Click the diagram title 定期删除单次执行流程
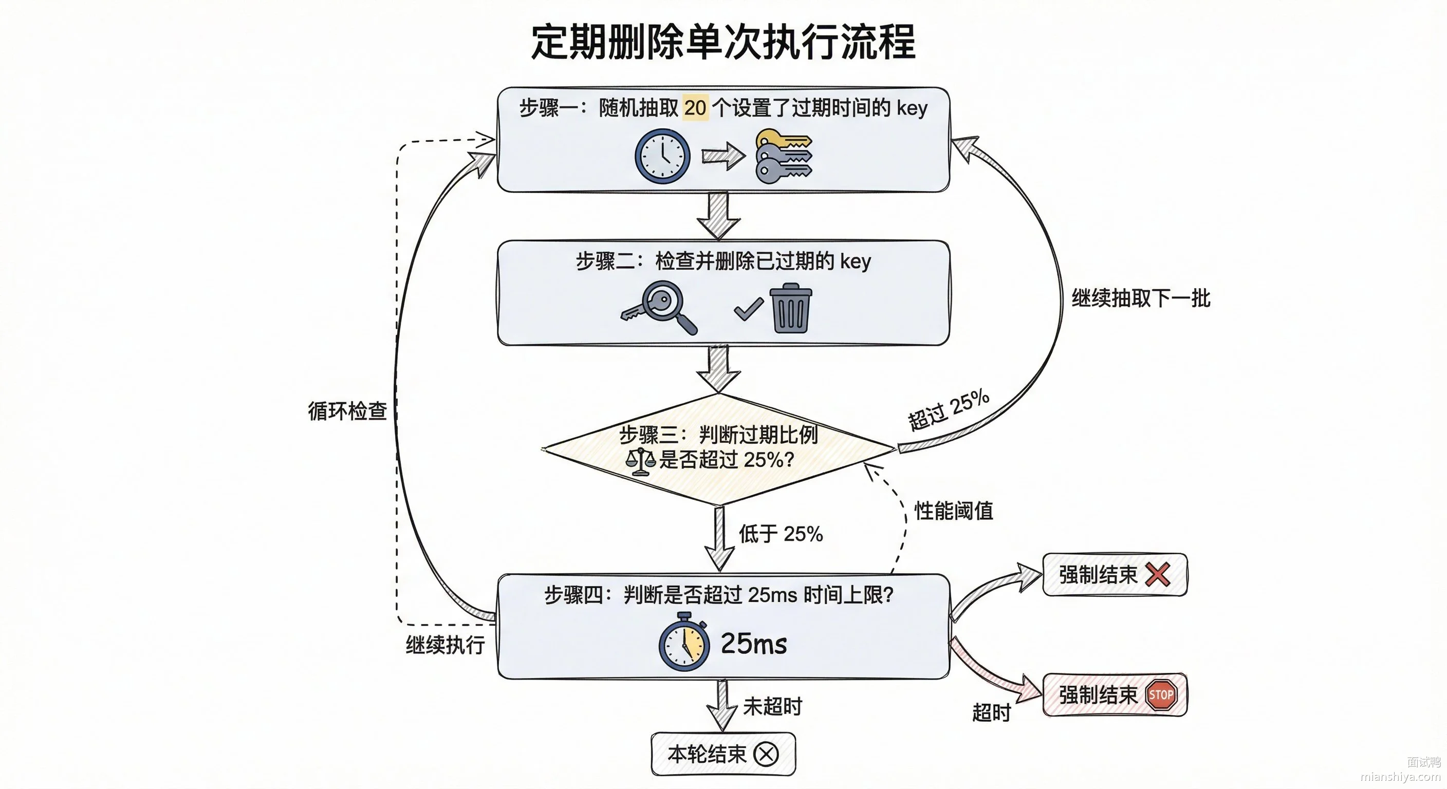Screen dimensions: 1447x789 tap(723, 42)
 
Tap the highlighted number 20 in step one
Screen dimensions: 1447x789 tap(695, 108)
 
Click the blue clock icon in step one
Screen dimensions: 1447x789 tap(662, 156)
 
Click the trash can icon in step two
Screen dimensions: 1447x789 tap(790, 308)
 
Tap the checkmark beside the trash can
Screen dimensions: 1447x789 tap(748, 309)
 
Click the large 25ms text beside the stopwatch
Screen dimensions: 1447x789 tap(754, 644)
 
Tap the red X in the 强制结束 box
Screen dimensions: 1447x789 tap(1158, 574)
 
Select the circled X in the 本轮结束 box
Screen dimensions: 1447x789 tap(766, 754)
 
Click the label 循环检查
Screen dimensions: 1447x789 tap(347, 411)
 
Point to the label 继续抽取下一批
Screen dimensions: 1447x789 tap(1141, 298)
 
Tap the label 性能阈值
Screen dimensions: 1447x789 tap(954, 511)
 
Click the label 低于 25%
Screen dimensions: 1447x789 tap(781, 534)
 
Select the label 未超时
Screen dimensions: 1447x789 tap(772, 706)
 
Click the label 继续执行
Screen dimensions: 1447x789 tap(446, 645)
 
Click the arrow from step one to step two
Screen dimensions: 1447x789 tap(718, 216)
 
